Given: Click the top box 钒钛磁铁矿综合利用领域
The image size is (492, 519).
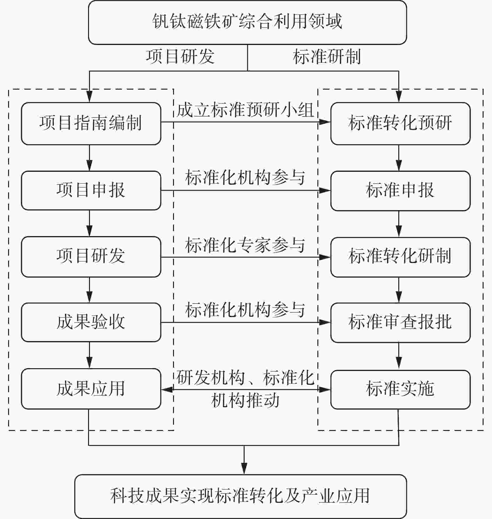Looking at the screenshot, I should click(x=247, y=22).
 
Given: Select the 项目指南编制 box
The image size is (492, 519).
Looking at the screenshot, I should click(x=91, y=123).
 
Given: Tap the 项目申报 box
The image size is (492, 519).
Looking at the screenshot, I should click(x=91, y=190).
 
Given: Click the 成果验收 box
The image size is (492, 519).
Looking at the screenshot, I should click(x=91, y=322).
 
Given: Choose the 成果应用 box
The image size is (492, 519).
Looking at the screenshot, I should click(x=91, y=389).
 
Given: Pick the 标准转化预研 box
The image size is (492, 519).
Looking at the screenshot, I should click(x=400, y=123).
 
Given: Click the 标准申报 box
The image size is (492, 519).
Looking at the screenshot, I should click(x=400, y=190).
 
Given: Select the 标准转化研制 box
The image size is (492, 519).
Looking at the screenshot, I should click(x=400, y=257).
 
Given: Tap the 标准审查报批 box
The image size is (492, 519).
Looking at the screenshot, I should click(x=400, y=322).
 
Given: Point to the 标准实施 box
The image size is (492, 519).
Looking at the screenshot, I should click(x=400, y=389).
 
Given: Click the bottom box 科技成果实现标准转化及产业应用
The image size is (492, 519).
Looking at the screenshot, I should click(x=241, y=496).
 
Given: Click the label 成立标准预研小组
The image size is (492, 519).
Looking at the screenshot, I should click(x=245, y=110).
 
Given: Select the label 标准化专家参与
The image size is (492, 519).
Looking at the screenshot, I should click(x=245, y=245).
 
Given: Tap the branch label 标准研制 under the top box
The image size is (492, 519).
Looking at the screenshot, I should click(x=327, y=57).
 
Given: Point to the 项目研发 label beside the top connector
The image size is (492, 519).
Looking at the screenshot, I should click(x=180, y=57).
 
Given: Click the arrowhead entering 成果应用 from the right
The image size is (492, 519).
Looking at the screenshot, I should click(x=166, y=389).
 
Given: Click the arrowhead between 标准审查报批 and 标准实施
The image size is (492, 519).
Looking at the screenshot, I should click(x=399, y=364).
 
